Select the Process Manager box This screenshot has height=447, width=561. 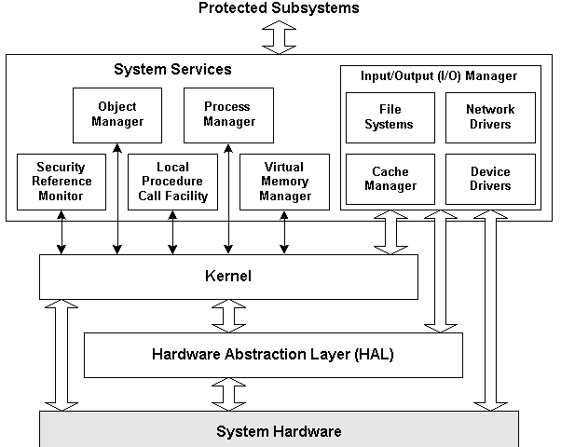click(228, 115)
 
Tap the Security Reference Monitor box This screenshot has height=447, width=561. click(62, 182)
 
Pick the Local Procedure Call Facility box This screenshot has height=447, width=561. click(172, 182)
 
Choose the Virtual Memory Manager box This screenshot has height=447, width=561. click(284, 182)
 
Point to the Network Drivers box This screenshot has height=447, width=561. click(490, 117)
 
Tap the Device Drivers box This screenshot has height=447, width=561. click(490, 180)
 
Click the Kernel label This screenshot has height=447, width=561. click(228, 277)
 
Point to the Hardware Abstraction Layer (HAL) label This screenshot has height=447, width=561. click(273, 354)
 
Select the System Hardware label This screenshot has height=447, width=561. click(279, 431)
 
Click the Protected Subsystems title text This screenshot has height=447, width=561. click(279, 8)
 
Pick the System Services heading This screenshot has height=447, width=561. click(172, 70)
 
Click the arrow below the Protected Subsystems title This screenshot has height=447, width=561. click(279, 36)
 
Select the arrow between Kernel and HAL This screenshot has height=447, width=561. click(228, 315)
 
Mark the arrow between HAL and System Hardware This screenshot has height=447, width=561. click(228, 392)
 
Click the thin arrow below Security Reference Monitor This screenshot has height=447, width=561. click(62, 232)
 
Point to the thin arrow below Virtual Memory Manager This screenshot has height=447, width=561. click(284, 232)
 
